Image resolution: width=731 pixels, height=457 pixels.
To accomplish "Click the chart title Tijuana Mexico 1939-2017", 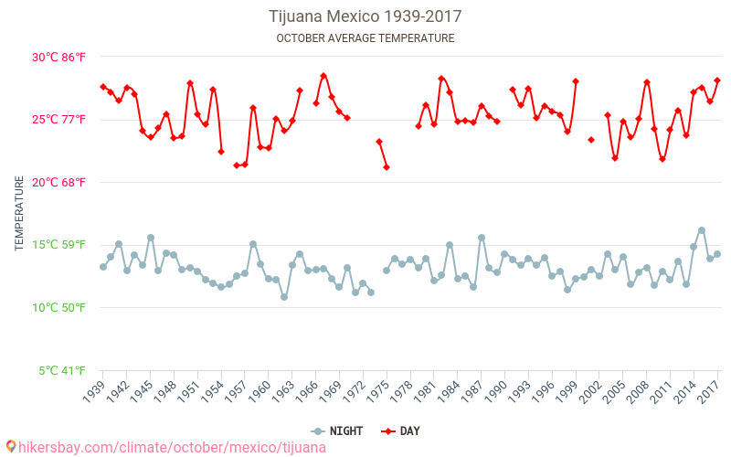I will pos(365,16).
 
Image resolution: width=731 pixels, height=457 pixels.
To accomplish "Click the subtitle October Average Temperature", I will pos(365,38).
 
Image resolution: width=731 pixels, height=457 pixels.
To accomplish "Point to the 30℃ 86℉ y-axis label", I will pos(59,57).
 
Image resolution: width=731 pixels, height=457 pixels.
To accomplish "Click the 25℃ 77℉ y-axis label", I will pos(59,120).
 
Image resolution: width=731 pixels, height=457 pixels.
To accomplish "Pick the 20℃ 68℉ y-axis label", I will pos(59,182).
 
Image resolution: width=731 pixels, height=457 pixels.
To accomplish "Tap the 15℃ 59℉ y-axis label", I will pos(59,245).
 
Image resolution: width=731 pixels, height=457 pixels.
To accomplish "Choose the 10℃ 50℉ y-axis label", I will pos(59,307).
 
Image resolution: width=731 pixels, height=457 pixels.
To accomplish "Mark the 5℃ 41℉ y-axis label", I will pos(62,370).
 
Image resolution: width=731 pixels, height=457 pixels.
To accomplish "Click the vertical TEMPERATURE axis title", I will pos(19,214).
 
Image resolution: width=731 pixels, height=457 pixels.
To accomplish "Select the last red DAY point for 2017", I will pos(717,80).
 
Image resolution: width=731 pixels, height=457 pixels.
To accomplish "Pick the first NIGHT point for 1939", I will pos(103,267).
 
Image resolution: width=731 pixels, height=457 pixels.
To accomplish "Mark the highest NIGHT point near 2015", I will pos(702,230).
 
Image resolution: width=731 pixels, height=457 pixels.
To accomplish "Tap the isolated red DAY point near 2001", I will pos(591,140).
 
